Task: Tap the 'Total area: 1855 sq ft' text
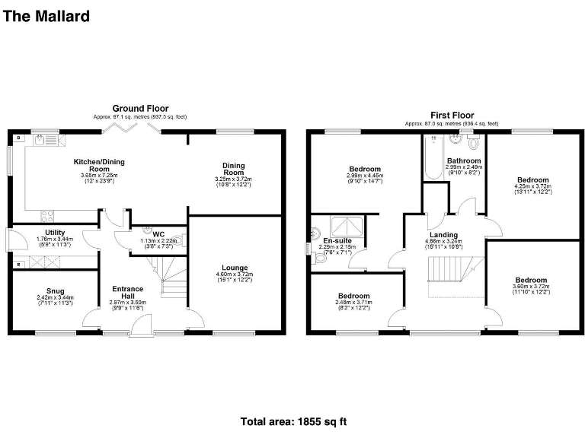point(294,421)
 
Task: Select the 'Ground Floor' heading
point(140,109)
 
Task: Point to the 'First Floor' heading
point(452,114)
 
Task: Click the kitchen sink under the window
point(46,139)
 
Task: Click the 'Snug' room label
point(54,289)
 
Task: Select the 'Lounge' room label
point(234,268)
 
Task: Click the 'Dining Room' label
point(234,169)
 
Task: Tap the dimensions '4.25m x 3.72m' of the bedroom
point(532,188)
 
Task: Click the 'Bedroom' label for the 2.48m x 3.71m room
point(354,296)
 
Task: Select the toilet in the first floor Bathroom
point(474,142)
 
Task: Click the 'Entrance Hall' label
point(127,293)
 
